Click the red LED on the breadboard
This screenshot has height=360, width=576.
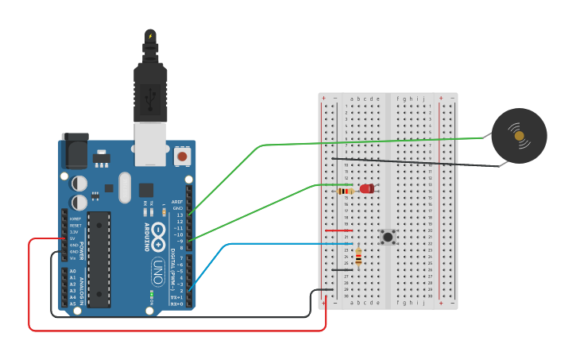pos(366,189)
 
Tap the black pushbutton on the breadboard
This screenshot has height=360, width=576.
pos(388,237)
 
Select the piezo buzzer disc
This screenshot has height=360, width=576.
pos(519,136)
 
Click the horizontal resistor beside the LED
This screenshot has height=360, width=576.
pos(345,191)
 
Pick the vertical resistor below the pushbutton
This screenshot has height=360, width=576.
pos(358,257)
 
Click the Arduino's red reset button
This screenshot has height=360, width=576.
pos(182,157)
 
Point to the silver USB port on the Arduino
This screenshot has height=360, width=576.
pos(149,143)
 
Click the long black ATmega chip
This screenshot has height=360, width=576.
pos(99,259)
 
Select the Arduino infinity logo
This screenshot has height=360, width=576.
pos(158,234)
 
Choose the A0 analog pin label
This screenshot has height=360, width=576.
pos(73,272)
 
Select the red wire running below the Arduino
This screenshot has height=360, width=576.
pos(175,330)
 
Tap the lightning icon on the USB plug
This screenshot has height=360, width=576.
pos(150,36)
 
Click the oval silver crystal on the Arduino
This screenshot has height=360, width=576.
pos(124,188)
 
